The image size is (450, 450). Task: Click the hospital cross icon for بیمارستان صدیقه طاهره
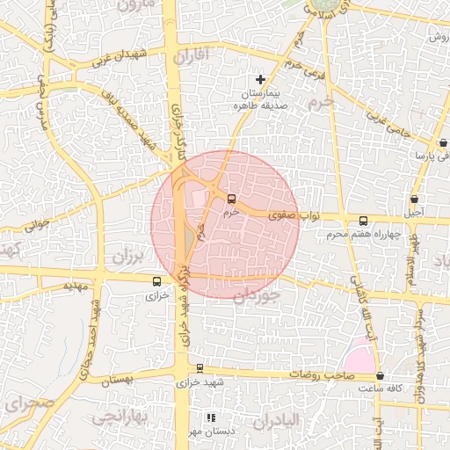click(260, 80)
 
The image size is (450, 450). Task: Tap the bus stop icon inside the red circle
click(231, 199)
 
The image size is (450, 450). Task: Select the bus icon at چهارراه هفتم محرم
click(364, 221)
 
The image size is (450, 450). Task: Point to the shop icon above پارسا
click(443, 142)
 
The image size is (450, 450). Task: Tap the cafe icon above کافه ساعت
click(380, 375)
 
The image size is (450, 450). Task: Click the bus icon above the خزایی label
click(156, 282)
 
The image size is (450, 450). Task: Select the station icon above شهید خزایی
click(200, 369)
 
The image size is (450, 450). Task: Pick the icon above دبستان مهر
click(210, 418)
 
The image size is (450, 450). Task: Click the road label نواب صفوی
click(274, 214)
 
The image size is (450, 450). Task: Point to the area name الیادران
click(299, 423)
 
